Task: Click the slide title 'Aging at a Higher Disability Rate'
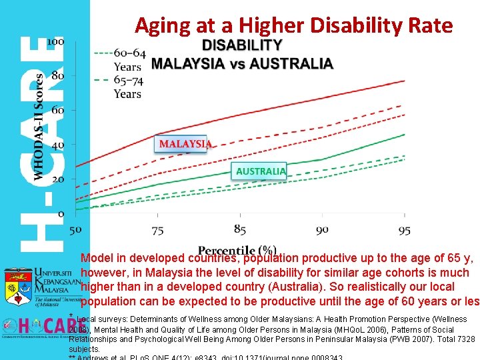pyautogui.click(x=293, y=25)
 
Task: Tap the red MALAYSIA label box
pyautogui.click(x=185, y=143)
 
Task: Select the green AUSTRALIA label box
pyautogui.click(x=261, y=171)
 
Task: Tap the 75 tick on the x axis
pyautogui.click(x=157, y=229)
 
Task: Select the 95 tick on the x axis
pyautogui.click(x=404, y=229)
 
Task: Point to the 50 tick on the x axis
pyautogui.click(x=75, y=229)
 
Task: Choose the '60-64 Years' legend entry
pyautogui.click(x=127, y=59)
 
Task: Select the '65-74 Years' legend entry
pyautogui.click(x=127, y=87)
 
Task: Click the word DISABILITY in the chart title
pyautogui.click(x=242, y=45)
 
